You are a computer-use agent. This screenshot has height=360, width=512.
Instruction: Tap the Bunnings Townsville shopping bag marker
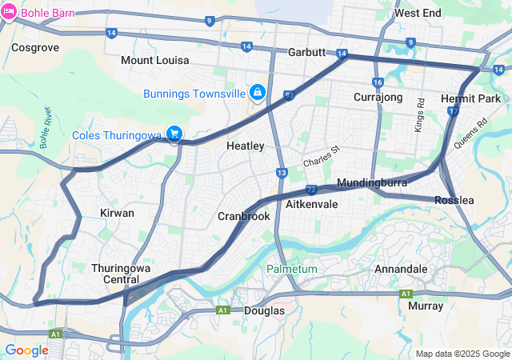click(257, 94)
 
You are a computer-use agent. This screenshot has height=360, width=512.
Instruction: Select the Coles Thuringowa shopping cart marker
click(173, 134)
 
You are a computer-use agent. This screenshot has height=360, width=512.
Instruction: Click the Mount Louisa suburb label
click(154, 60)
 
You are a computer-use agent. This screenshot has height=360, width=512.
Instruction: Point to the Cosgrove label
click(35, 47)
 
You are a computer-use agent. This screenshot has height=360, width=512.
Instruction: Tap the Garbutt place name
click(307, 52)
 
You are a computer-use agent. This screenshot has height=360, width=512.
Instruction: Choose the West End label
click(417, 14)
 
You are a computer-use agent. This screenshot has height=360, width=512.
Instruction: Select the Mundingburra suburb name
click(367, 182)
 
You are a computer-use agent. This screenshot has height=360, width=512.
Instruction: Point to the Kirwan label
click(117, 213)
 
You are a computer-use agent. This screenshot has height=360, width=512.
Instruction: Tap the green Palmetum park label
click(291, 269)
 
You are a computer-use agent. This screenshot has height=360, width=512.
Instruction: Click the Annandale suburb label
click(400, 269)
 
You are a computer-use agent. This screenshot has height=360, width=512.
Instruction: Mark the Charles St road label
click(321, 156)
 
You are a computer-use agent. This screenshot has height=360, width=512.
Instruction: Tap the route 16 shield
click(378, 83)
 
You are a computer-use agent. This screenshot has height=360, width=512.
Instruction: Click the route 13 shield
click(282, 172)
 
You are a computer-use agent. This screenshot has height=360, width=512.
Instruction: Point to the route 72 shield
click(310, 190)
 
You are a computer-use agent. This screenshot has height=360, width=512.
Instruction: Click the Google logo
click(26, 350)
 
